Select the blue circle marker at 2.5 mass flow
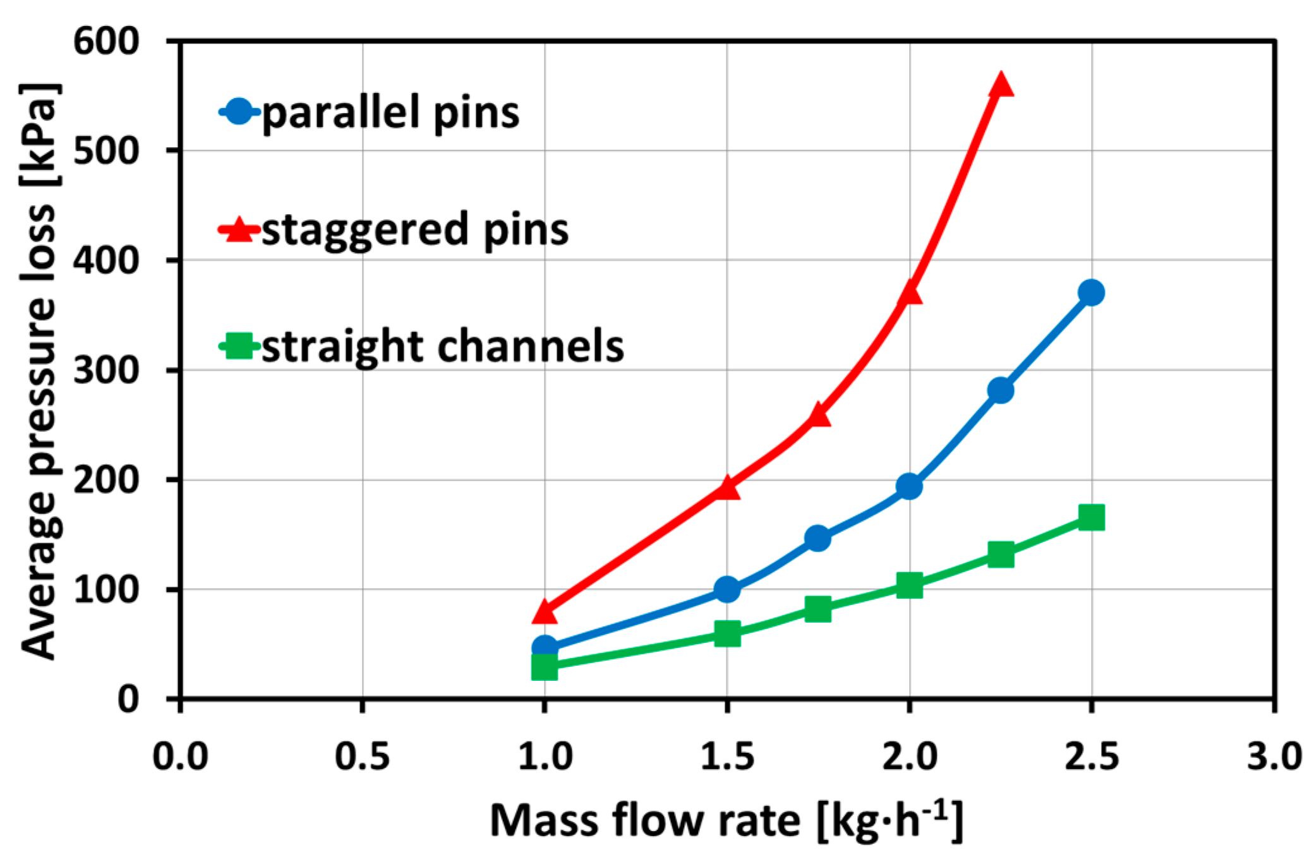click(x=1092, y=293)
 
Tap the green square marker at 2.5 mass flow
click(x=1092, y=518)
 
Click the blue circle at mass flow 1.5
click(x=727, y=589)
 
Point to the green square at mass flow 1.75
click(x=818, y=609)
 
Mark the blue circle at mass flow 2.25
click(x=1001, y=390)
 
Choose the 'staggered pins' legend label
click(x=415, y=230)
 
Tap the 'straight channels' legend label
click(x=442, y=347)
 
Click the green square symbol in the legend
click(x=239, y=346)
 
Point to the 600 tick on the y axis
click(x=106, y=42)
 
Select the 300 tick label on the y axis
click(x=106, y=371)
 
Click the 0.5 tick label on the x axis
click(x=362, y=756)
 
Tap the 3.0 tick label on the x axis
click(x=1273, y=756)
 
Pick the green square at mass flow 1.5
click(x=727, y=633)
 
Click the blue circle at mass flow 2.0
click(x=909, y=486)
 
